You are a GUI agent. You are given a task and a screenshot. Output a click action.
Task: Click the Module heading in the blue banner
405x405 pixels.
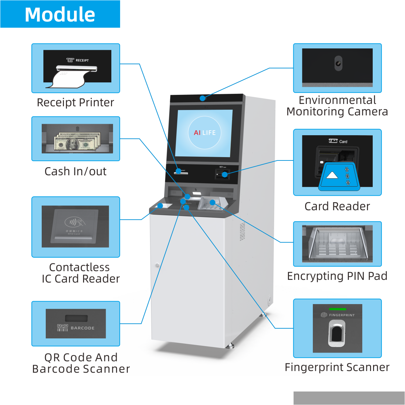tap(60, 14)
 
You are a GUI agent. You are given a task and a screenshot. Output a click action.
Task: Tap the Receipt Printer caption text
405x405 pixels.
tap(75, 102)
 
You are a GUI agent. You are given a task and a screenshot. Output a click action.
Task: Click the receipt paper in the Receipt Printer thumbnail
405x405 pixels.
tap(69, 79)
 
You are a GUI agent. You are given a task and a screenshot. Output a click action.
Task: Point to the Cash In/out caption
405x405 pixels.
tap(75, 171)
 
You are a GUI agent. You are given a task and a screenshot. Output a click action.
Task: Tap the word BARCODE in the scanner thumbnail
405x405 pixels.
tap(82, 328)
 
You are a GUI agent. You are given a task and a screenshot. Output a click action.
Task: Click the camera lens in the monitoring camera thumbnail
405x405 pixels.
tap(338, 63)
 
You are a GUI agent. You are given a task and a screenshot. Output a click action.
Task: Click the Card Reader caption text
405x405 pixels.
tap(337, 206)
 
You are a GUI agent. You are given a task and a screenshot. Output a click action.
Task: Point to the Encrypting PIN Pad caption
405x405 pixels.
tap(337, 276)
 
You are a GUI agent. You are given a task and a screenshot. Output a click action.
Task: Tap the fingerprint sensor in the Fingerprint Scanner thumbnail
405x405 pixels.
tap(337, 333)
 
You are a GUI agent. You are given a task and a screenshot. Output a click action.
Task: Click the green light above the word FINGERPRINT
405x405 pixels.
tap(337, 309)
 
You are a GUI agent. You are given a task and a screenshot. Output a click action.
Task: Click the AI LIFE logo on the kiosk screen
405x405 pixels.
tap(205, 133)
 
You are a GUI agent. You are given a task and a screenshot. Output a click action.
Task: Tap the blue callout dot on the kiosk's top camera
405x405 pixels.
tap(202, 98)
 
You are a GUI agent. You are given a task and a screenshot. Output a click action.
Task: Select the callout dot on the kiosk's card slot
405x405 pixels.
tap(224, 174)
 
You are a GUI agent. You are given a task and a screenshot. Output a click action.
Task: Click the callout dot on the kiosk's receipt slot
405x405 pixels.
tap(179, 171)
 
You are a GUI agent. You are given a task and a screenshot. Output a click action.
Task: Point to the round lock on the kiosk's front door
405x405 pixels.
tap(157, 265)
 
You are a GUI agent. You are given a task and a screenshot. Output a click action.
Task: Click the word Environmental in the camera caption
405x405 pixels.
tap(337, 100)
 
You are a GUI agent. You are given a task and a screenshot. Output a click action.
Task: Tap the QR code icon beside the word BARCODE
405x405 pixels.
tap(63, 328)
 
